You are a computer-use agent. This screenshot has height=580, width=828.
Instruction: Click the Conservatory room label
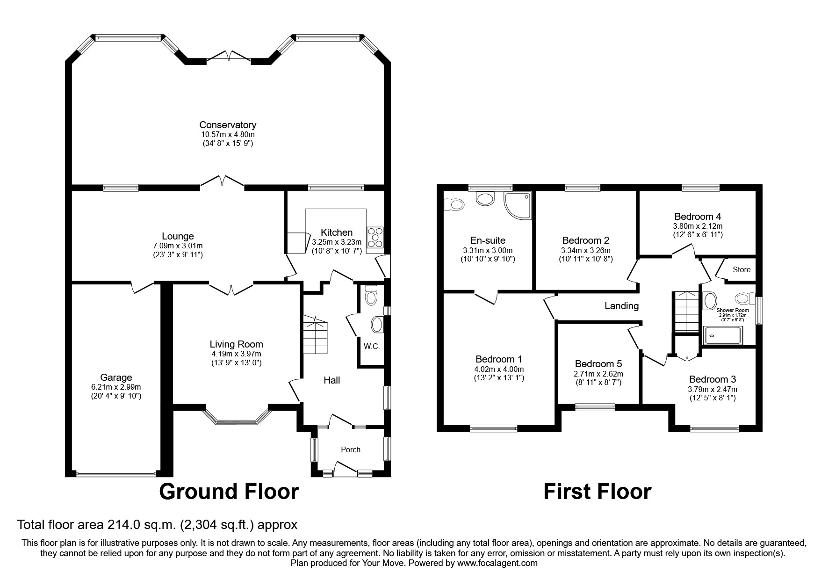[228, 125]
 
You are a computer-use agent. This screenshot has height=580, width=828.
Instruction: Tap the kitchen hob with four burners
[375, 238]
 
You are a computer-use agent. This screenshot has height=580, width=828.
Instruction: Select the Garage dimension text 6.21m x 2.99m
[116, 387]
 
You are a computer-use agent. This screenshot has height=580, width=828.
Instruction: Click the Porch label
[350, 449]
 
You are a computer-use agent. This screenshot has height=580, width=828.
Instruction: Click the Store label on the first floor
[742, 269]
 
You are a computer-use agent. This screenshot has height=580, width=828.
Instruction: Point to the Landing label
[621, 306]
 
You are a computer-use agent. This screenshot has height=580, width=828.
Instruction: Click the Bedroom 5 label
[598, 364]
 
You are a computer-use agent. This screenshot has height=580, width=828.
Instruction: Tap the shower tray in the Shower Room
[723, 335]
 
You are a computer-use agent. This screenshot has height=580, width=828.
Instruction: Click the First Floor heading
[597, 492]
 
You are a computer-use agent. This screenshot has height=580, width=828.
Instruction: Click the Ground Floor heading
[229, 492]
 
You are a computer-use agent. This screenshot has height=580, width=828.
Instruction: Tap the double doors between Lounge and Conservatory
[223, 183]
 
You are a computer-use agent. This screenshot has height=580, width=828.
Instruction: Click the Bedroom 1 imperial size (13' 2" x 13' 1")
[498, 378]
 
